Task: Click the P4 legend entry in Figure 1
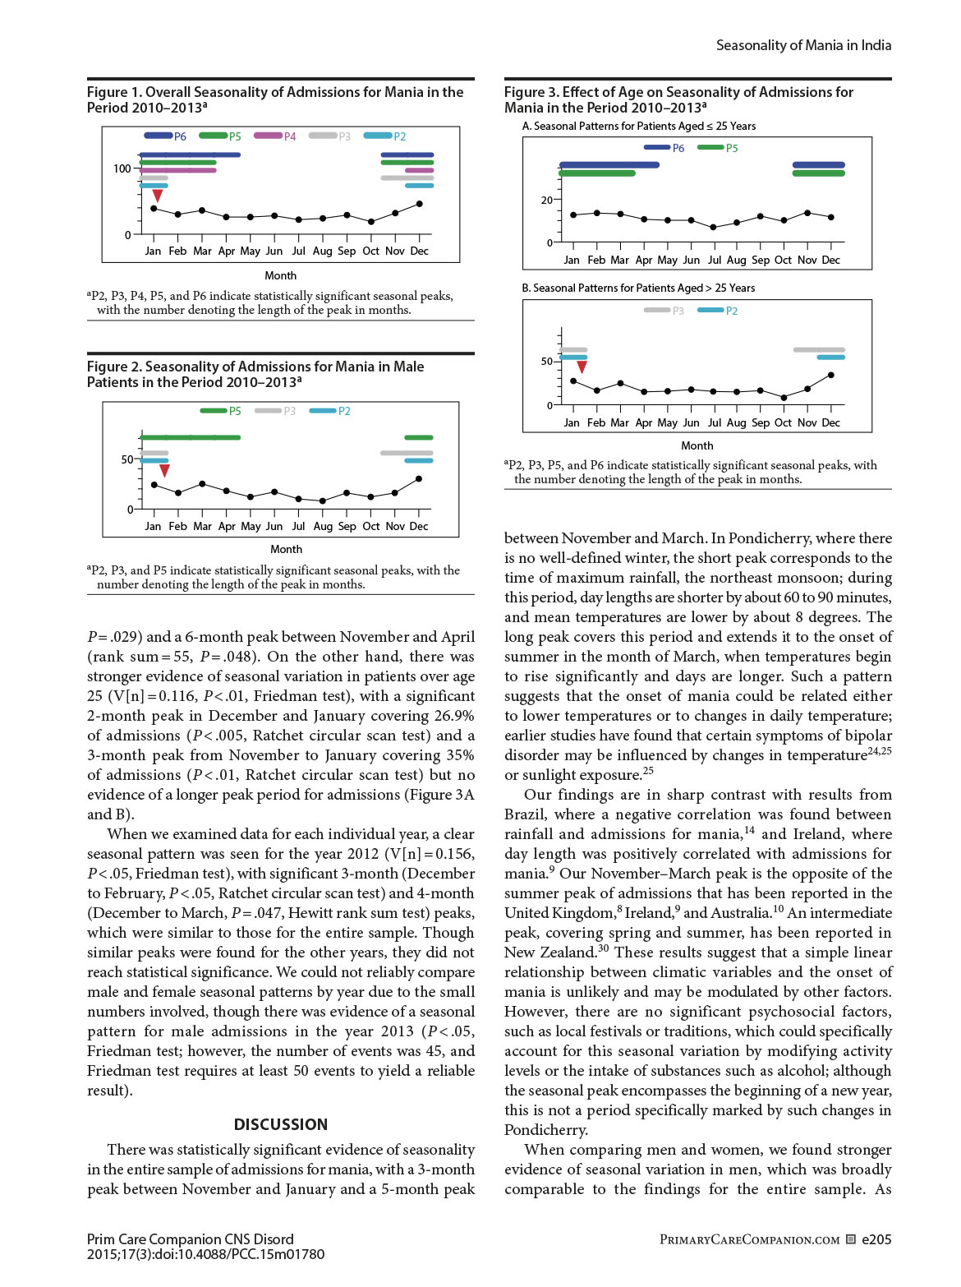pyautogui.click(x=276, y=136)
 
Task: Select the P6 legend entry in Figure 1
pyautogui.click(x=166, y=136)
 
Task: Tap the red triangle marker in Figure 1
pyautogui.click(x=157, y=196)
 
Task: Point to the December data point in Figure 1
pyautogui.click(x=420, y=204)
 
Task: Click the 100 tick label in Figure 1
pyautogui.click(x=122, y=168)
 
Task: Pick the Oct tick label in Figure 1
pyautogui.click(x=371, y=251)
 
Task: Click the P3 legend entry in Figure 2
pyautogui.click(x=276, y=411)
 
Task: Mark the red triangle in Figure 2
pyautogui.click(x=164, y=470)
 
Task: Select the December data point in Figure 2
pyautogui.click(x=419, y=478)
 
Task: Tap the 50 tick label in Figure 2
pyautogui.click(x=127, y=459)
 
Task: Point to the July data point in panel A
pyautogui.click(x=713, y=227)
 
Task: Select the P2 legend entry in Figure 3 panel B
pyautogui.click(x=719, y=311)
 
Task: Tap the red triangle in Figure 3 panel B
pyautogui.click(x=582, y=367)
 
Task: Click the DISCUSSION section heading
pyautogui.click(x=281, y=1124)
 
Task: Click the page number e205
pyautogui.click(x=876, y=1239)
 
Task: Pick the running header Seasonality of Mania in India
pyautogui.click(x=803, y=45)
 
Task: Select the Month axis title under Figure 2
pyautogui.click(x=286, y=549)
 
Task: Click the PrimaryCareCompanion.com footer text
pyautogui.click(x=749, y=1239)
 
